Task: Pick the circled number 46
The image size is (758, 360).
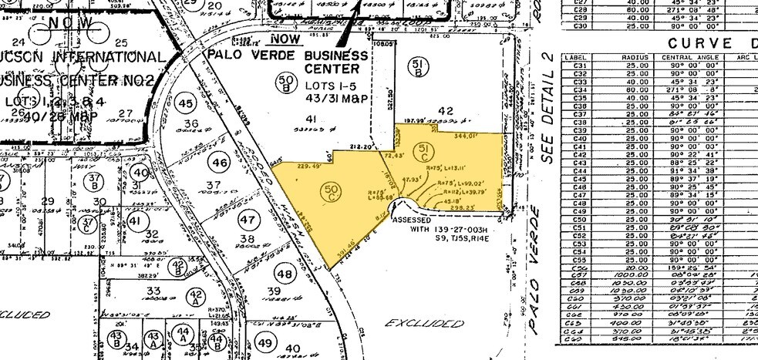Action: click(221, 163)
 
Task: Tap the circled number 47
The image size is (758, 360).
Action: click(248, 220)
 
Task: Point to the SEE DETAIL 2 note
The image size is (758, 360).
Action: click(548, 108)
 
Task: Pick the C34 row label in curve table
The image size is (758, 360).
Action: click(576, 89)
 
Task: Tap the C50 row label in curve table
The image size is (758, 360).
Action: click(576, 220)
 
